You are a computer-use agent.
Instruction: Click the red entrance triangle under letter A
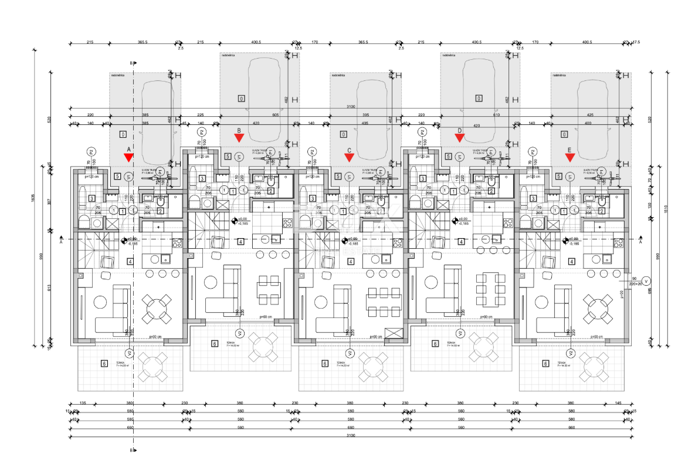click(x=128, y=157)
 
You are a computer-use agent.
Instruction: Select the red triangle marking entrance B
click(x=239, y=138)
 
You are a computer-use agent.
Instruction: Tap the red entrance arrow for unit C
click(x=349, y=157)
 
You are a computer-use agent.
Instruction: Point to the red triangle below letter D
click(x=460, y=138)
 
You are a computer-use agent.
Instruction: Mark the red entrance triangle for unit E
click(x=569, y=157)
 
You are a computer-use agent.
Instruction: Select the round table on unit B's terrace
click(x=263, y=347)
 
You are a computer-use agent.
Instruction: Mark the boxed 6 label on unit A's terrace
click(x=104, y=364)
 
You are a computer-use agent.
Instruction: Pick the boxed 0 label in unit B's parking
click(x=240, y=97)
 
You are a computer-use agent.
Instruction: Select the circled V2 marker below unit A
click(x=130, y=353)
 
